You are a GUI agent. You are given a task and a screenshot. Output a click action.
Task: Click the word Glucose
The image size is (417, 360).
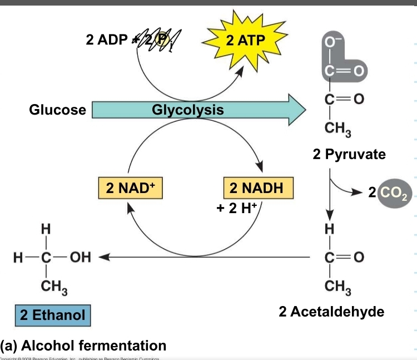point(57,110)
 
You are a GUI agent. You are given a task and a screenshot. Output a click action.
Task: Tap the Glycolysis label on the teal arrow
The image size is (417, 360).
point(188,110)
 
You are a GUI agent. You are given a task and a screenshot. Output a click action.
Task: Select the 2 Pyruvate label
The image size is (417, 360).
point(349,154)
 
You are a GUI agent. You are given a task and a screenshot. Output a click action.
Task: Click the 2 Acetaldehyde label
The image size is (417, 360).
point(331,312)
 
